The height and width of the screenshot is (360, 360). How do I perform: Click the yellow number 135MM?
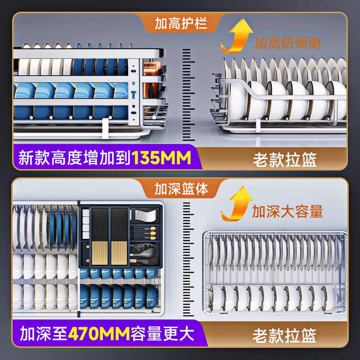pos(161,158)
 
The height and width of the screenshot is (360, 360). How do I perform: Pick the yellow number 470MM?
pos(99,335)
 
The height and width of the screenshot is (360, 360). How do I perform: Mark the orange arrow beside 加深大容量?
pos(236,205)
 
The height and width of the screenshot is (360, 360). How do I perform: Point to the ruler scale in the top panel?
pos(189,88)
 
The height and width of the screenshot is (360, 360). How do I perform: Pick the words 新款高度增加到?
pos(74,158)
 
